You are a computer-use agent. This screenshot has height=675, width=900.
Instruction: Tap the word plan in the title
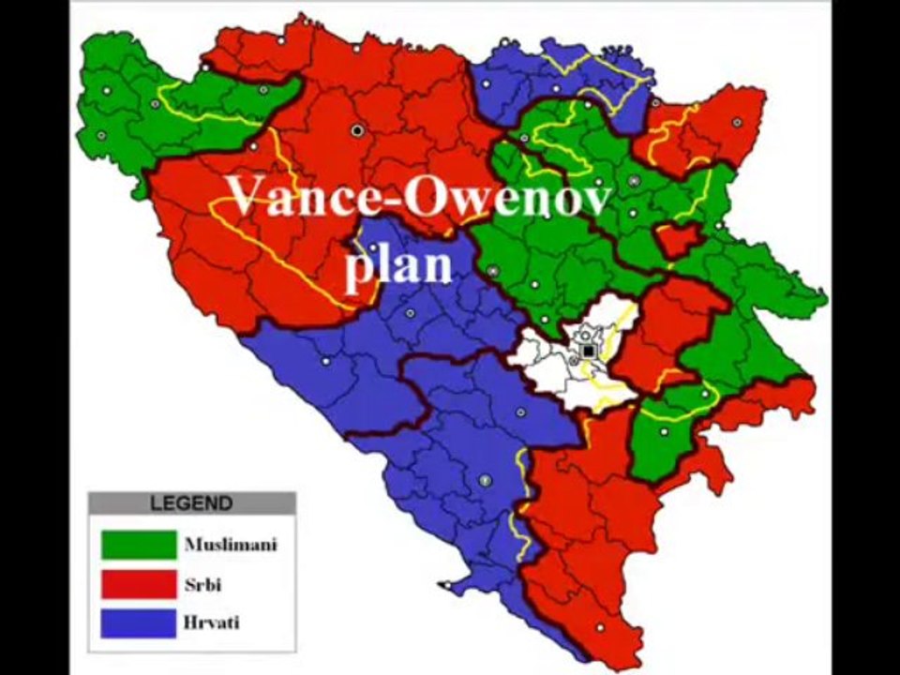(x=398, y=266)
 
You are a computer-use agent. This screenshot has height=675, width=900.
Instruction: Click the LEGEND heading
(x=191, y=503)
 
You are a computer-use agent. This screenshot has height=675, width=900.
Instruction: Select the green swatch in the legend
(x=139, y=545)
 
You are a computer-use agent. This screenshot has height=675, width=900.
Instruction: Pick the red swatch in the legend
(x=139, y=584)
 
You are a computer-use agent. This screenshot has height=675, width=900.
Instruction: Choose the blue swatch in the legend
(x=139, y=623)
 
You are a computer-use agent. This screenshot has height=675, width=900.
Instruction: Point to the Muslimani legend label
(x=231, y=545)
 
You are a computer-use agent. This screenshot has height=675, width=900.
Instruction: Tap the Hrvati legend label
(x=211, y=622)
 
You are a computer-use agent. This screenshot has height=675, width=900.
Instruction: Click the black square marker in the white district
(x=588, y=351)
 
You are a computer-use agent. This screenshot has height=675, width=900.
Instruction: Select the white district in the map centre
(x=553, y=370)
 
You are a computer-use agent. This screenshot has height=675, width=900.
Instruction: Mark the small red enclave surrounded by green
(x=677, y=240)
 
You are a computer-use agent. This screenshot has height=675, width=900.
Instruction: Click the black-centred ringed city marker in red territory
(x=356, y=130)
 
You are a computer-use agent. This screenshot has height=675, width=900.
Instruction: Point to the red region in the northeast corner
(x=712, y=131)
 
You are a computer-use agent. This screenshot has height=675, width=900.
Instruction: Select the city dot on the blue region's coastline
(x=447, y=587)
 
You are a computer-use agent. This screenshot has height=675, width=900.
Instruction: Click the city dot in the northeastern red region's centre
(x=737, y=122)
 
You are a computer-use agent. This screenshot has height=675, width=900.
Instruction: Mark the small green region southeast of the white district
(x=666, y=436)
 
